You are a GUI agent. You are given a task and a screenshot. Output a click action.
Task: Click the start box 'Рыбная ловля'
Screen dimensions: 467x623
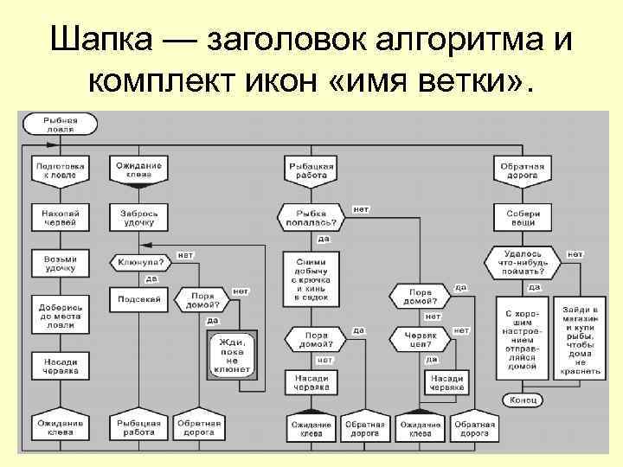pyautogui.click(x=61, y=124)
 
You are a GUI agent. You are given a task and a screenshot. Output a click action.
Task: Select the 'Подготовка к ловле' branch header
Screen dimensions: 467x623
pyautogui.click(x=61, y=170)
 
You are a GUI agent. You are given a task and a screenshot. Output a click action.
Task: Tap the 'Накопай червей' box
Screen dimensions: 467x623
pyautogui.click(x=61, y=217)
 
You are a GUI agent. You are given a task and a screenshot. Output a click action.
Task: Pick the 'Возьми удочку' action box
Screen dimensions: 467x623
pyautogui.click(x=61, y=263)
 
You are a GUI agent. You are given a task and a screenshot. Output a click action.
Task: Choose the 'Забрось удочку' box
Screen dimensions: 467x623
pyautogui.click(x=139, y=217)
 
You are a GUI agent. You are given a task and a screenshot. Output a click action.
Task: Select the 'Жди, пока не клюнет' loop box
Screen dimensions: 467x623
pyautogui.click(x=231, y=355)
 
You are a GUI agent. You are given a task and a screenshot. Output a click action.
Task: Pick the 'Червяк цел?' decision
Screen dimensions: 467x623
pyautogui.click(x=421, y=337)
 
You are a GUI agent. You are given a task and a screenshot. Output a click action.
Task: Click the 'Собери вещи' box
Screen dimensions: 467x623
pyautogui.click(x=521, y=217)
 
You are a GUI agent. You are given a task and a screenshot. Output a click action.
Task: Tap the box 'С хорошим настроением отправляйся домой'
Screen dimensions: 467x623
pyautogui.click(x=521, y=339)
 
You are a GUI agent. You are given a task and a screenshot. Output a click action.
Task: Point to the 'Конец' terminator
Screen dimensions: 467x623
pyautogui.click(x=523, y=399)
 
